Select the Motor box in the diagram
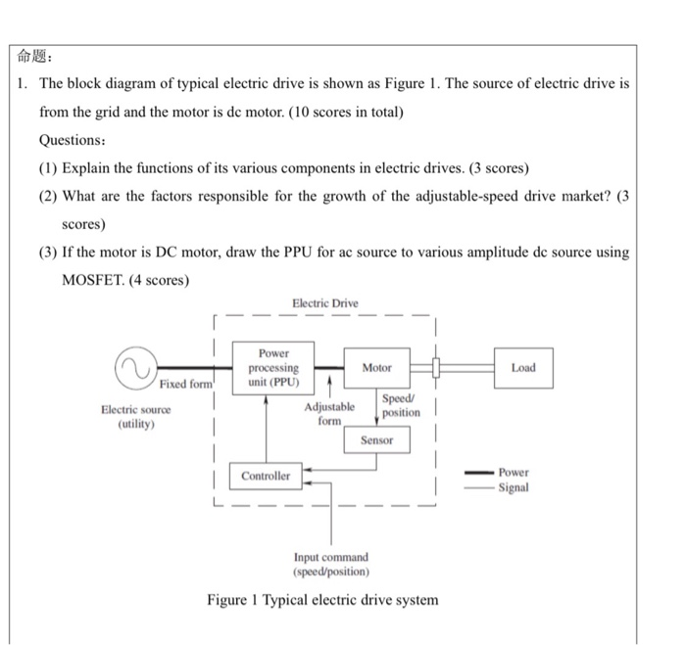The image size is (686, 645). pos(376,368)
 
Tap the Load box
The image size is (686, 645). pos(523,368)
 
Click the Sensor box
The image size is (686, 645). pos(376,440)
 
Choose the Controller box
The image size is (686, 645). pos(266,476)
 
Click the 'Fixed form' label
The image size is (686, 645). pos(185,384)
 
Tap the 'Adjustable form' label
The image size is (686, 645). pos(329,413)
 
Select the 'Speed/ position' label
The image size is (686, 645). pos(399,405)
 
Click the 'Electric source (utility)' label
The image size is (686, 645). pos(135,416)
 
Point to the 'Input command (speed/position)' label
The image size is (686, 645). pos(331,563)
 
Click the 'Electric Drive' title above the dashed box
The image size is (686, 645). pos(325,303)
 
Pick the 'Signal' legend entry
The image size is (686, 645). pos(514,487)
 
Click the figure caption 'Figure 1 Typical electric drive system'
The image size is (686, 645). pos(322,599)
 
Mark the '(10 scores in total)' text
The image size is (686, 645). pos(342,112)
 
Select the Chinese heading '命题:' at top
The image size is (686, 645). pos(39,55)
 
